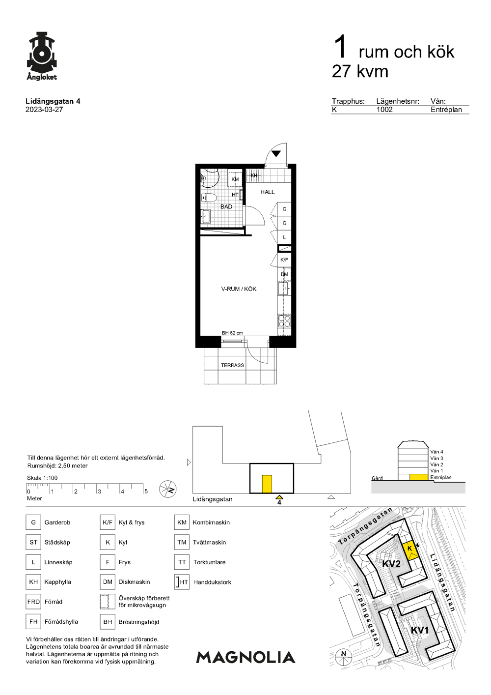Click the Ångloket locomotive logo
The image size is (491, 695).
tap(42, 56)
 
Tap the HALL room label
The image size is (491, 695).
tap(268, 192)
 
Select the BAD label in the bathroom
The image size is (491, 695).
tap(226, 206)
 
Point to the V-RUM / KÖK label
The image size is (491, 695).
tap(239, 289)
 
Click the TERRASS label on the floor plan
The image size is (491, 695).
tap(232, 365)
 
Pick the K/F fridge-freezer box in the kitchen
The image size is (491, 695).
tap(284, 260)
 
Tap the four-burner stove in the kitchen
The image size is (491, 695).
tap(284, 321)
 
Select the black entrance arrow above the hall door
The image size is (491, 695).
tap(276, 153)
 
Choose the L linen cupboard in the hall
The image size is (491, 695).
tap(284, 237)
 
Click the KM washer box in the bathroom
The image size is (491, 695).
tap(235, 179)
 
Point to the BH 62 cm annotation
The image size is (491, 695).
tap(232, 333)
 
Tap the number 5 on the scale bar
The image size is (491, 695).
tap(146, 491)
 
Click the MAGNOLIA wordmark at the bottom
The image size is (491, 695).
tap(245, 657)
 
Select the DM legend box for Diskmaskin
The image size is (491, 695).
tap(108, 582)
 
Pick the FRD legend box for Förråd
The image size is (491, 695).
tap(33, 602)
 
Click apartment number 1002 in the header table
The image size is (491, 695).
tap(384, 110)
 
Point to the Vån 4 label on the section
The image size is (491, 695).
tap(436, 452)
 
